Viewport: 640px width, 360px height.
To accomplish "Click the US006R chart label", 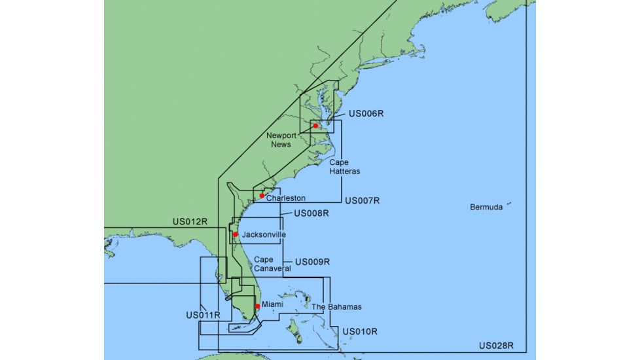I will tap(366, 113).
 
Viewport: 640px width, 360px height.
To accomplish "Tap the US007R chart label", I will tap(362, 200).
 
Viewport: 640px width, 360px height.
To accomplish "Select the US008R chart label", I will tap(311, 213).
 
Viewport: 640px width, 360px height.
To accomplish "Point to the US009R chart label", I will tap(312, 261).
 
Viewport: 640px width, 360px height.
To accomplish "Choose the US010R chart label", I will tap(360, 331).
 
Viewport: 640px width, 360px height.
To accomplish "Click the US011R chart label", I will tap(203, 315).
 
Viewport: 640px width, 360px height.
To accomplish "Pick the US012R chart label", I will tap(190, 221).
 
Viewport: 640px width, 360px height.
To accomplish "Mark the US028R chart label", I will tap(496, 346).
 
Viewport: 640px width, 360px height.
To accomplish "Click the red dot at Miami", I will tap(258, 306).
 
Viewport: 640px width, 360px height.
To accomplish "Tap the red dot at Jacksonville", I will tap(236, 234).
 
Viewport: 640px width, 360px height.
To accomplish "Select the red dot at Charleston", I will tap(262, 196).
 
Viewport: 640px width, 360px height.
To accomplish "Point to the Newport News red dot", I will tap(315, 126).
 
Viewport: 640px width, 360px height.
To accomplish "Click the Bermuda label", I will tap(486, 207).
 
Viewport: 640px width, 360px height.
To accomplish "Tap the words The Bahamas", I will tap(336, 306).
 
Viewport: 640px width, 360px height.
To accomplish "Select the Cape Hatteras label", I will tap(345, 166).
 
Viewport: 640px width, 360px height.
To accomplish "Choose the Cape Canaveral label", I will tap(272, 264).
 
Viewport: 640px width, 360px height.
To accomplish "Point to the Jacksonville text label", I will tap(264, 234).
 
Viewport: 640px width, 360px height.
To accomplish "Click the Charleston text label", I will tap(286, 198).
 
